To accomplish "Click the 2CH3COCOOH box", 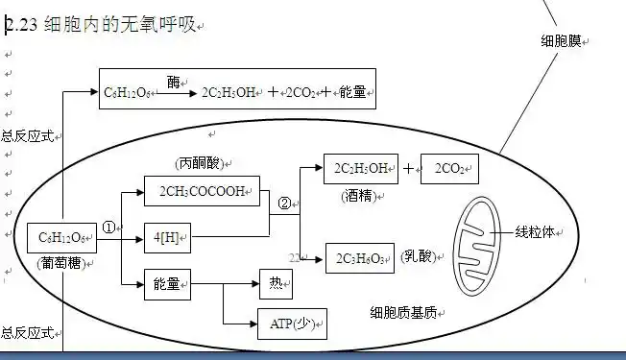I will [202, 190].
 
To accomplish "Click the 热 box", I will [276, 284].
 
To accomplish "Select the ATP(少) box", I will [291, 324].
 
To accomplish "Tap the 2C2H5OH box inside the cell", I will [360, 168].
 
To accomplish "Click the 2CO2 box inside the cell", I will [448, 168].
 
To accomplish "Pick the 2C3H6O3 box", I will [361, 257].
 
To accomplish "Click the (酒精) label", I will [361, 196].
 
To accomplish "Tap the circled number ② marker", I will [284, 203].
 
